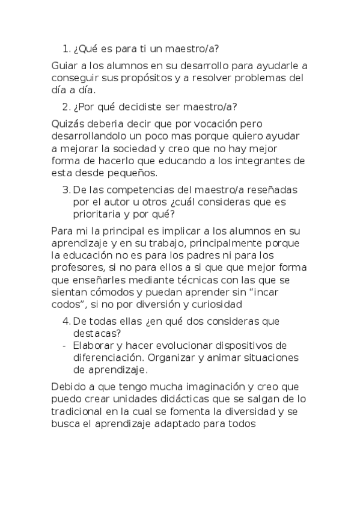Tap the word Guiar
click(65, 66)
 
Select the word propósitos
click(159, 78)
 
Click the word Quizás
click(67, 124)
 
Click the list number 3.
click(66, 190)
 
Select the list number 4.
click(66, 321)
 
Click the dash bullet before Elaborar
click(64, 345)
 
